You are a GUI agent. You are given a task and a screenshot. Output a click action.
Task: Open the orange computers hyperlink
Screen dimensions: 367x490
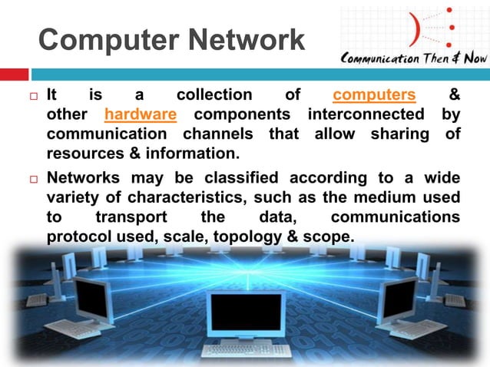374,96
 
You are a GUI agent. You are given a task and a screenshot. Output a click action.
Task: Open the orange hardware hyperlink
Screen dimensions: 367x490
141,115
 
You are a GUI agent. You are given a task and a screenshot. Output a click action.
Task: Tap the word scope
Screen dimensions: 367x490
332,236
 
